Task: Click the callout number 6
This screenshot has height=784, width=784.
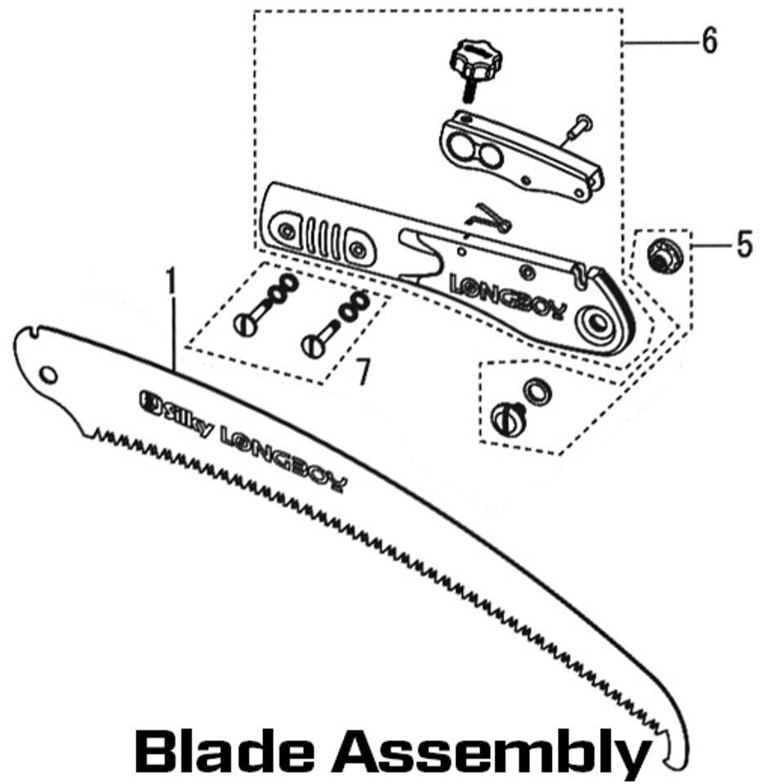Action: (709, 40)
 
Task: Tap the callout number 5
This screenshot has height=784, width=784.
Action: (743, 244)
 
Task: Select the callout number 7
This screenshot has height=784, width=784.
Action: (362, 373)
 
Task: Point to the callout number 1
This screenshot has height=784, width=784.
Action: (171, 282)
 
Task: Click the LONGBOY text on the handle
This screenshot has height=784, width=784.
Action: (506, 296)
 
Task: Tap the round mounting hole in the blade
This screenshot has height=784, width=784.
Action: (48, 375)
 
